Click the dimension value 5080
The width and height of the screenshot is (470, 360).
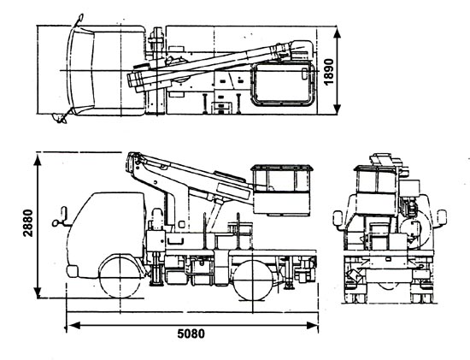pyautogui.click(x=191, y=333)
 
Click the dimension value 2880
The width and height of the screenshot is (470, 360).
pyautogui.click(x=28, y=223)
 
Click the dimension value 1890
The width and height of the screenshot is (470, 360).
pyautogui.click(x=329, y=71)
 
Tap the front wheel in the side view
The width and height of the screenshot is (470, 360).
pyautogui.click(x=120, y=276)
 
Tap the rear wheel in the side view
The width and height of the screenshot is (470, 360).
pyautogui.click(x=253, y=280)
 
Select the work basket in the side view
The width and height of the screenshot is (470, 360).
pyautogui.click(x=282, y=190)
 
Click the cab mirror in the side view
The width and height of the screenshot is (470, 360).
pyautogui.click(x=61, y=217)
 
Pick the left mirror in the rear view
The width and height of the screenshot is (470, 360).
pyautogui.click(x=338, y=218)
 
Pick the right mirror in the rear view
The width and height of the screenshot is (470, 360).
pyautogui.click(x=442, y=217)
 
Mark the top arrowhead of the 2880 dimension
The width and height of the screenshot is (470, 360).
pyautogui.click(x=38, y=160)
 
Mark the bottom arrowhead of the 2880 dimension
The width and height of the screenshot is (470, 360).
pyautogui.click(x=38, y=292)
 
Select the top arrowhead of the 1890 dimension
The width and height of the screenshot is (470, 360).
pyautogui.click(x=338, y=32)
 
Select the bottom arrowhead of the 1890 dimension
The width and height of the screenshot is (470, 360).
pyautogui.click(x=338, y=108)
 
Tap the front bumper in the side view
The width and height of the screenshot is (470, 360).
pyautogui.click(x=72, y=271)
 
